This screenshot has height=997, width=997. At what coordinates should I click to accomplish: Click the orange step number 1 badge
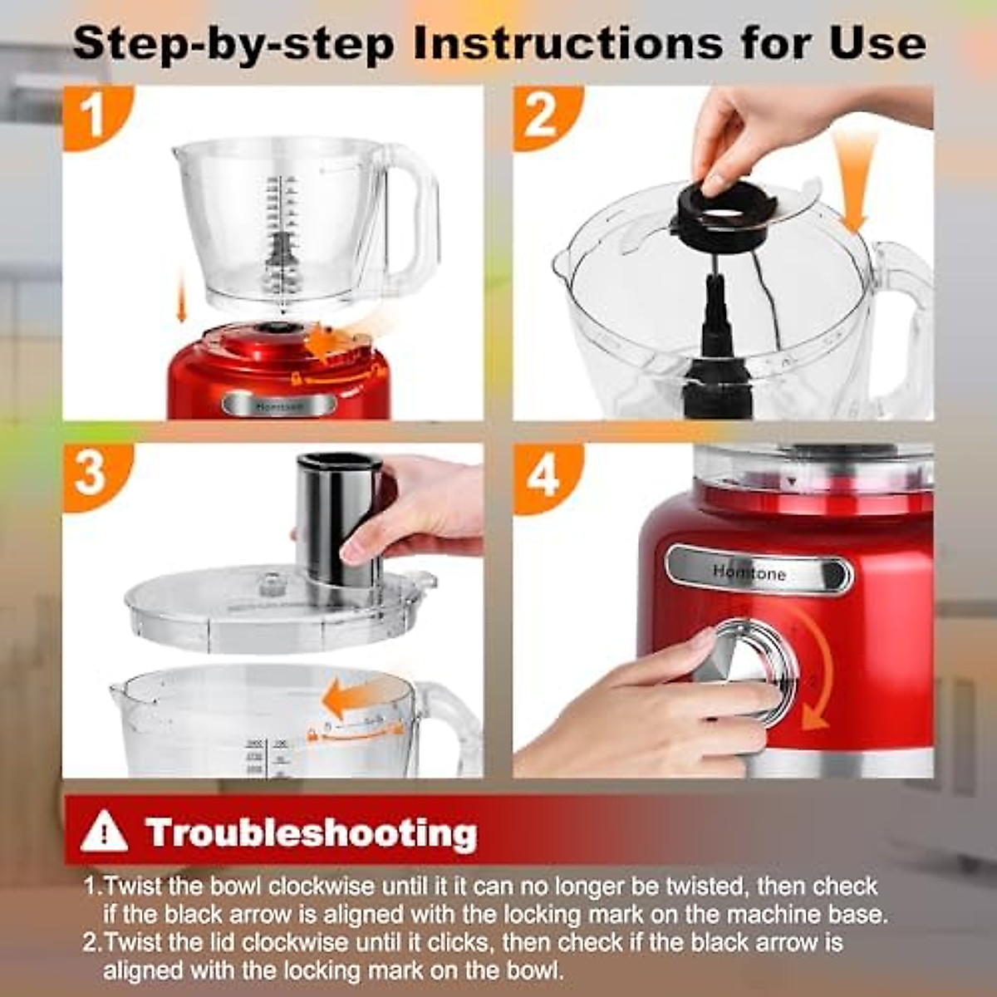[93, 116]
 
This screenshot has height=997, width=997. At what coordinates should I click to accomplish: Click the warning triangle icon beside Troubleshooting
[105, 831]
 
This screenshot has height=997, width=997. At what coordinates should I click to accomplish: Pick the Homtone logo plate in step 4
[759, 572]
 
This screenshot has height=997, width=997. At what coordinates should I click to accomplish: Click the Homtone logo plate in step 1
[278, 404]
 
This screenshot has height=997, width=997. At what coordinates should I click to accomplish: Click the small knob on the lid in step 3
[271, 582]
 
